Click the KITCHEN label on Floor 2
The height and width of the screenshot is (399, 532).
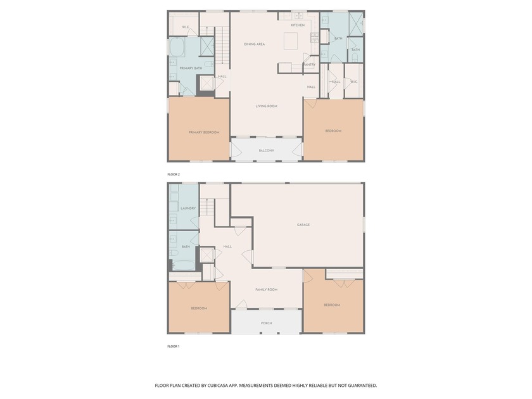(x=297, y=25)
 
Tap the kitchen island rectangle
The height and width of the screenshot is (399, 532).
(x=291, y=41)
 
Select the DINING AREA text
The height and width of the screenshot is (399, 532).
(x=254, y=44)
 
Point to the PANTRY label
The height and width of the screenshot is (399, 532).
(x=310, y=65)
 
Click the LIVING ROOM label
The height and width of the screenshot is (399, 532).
(x=266, y=106)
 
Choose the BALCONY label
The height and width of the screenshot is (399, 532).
(x=266, y=151)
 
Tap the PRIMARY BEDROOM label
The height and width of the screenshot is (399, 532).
(x=204, y=132)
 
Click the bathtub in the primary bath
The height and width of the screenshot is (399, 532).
(x=176, y=47)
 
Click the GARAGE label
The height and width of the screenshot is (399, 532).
(x=303, y=225)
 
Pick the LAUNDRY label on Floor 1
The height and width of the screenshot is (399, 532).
(x=187, y=208)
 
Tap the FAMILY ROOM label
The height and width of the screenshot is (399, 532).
(x=266, y=289)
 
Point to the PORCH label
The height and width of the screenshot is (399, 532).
(x=266, y=323)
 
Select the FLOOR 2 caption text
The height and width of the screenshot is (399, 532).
(x=174, y=174)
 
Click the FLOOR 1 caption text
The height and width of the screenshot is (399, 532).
(x=174, y=346)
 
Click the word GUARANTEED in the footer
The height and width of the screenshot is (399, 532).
(x=361, y=385)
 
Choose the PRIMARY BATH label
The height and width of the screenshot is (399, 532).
(x=191, y=68)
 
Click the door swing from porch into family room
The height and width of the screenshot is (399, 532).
(x=240, y=305)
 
